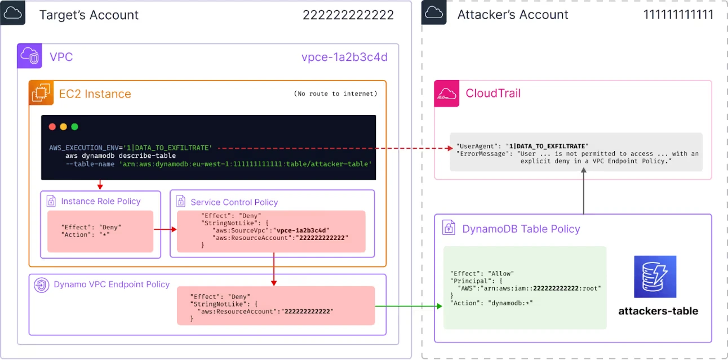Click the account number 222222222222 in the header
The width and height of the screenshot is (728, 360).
(x=348, y=15)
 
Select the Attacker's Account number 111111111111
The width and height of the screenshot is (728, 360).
(x=678, y=15)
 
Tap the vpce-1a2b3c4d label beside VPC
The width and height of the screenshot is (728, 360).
(x=344, y=57)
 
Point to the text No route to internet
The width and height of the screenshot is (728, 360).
(x=336, y=94)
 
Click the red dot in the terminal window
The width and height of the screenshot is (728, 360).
(x=52, y=127)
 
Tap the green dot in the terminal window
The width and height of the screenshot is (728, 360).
(x=74, y=127)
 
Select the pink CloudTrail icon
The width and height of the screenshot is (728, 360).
(x=447, y=94)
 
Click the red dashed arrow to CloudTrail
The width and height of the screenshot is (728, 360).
(x=332, y=149)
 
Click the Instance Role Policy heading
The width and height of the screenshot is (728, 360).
(x=100, y=201)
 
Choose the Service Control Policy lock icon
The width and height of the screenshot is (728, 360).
(x=180, y=201)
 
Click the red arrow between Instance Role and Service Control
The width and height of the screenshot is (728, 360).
(x=165, y=229)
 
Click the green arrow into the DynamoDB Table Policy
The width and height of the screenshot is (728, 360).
(x=409, y=306)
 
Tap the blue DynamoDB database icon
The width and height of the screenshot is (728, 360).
(x=655, y=277)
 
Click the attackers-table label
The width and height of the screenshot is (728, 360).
(x=658, y=311)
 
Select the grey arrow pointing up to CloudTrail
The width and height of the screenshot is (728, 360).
(x=583, y=193)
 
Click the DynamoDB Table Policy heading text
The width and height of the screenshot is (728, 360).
(x=521, y=229)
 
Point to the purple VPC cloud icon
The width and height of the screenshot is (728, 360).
(x=29, y=56)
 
